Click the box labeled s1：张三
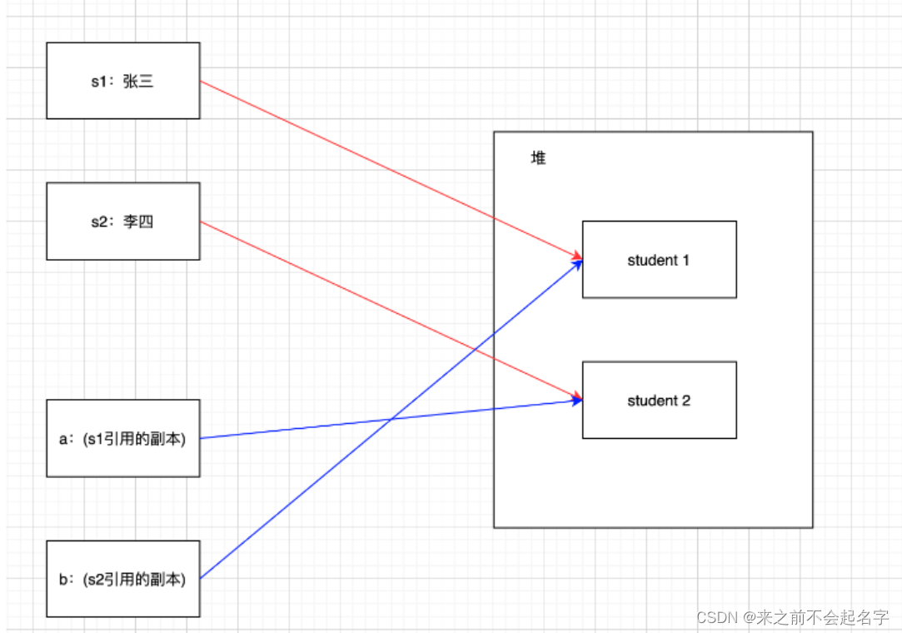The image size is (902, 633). click(x=122, y=81)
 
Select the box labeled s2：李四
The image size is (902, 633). click(x=122, y=221)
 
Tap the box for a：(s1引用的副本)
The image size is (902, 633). click(x=122, y=438)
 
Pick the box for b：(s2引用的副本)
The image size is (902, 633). click(x=122, y=579)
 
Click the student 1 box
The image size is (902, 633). click(x=659, y=259)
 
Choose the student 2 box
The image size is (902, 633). click(x=659, y=400)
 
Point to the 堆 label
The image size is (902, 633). click(x=539, y=158)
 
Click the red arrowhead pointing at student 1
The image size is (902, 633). click(x=576, y=255)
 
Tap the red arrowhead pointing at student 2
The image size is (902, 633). click(x=576, y=397)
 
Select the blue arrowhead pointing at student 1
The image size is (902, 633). click(x=576, y=265)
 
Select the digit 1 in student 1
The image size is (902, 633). click(x=685, y=260)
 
